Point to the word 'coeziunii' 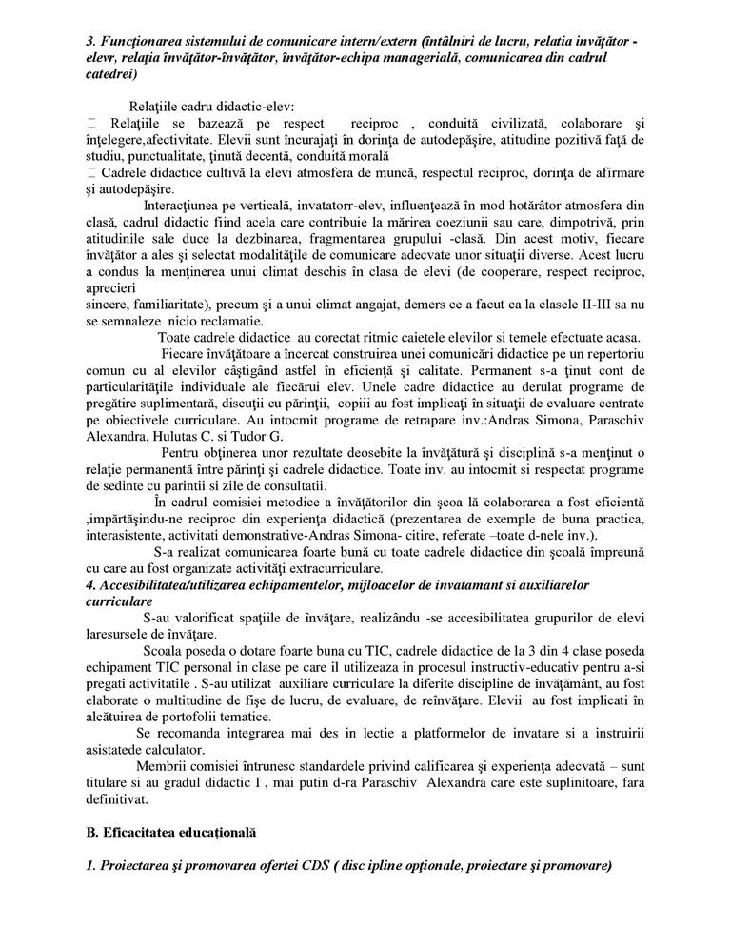[439, 221]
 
